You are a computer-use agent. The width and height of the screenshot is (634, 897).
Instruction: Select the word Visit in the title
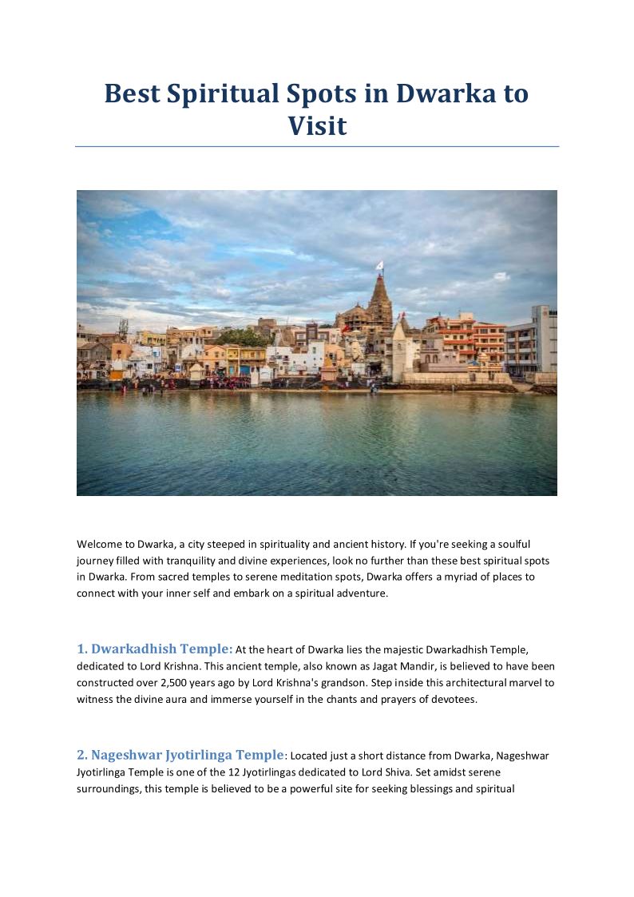[317, 125]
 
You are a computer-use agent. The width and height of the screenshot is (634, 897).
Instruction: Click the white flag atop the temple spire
[379, 265]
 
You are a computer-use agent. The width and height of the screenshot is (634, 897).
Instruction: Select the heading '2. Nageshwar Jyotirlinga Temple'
[180, 755]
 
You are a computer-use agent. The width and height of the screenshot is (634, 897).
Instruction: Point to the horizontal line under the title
[317, 147]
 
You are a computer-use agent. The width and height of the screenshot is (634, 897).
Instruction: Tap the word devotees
[450, 700]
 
